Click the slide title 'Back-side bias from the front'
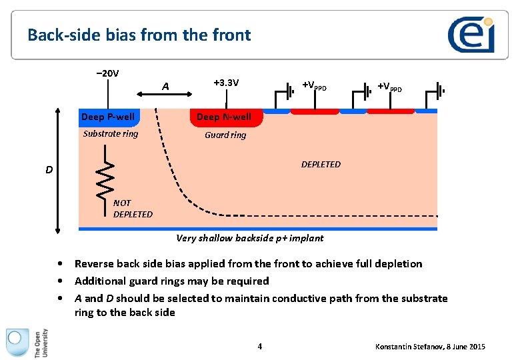(x=139, y=35)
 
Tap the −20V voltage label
(x=107, y=73)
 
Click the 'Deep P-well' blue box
(x=107, y=117)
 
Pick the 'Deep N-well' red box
(x=224, y=117)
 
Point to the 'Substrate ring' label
(x=111, y=133)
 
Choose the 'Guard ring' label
(x=225, y=135)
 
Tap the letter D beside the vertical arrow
(x=49, y=170)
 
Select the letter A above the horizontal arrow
(x=165, y=86)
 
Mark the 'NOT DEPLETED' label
(x=132, y=209)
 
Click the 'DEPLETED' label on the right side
(x=321, y=164)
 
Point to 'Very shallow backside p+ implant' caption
(x=249, y=238)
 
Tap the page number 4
(x=260, y=346)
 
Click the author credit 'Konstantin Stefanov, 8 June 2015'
(x=430, y=347)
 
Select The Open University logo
(x=27, y=343)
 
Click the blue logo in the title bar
(x=471, y=35)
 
